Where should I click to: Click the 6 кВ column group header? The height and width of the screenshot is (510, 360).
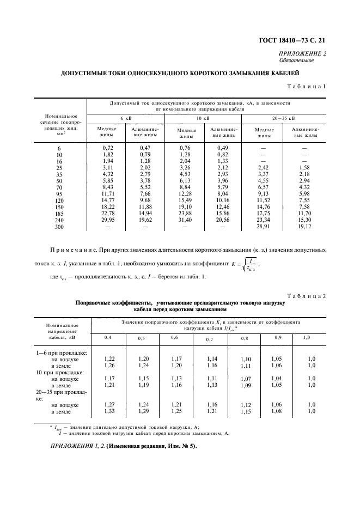click(126, 118)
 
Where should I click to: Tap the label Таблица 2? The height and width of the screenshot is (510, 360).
click(306, 295)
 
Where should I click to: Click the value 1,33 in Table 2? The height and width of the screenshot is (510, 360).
click(109, 411)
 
